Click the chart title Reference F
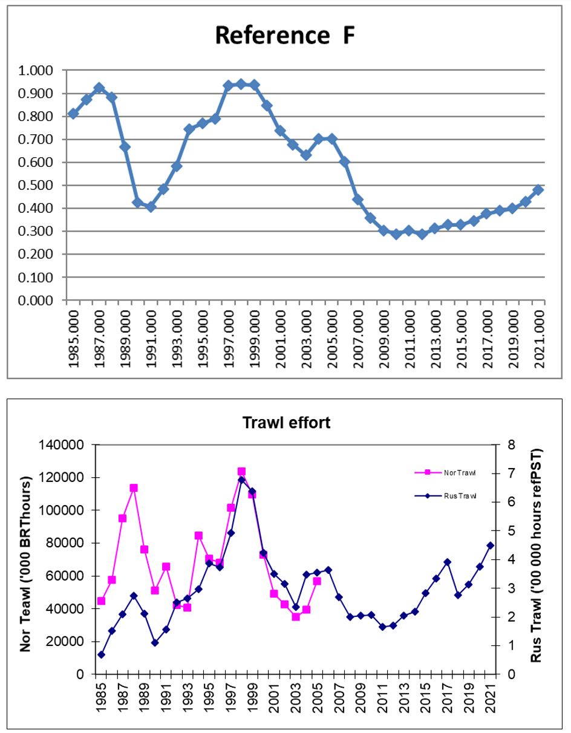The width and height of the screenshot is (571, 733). pos(285,36)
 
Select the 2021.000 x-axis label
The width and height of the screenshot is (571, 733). pos(538,336)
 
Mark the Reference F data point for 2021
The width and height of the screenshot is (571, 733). pos(538,189)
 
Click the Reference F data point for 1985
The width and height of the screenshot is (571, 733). pos(73,113)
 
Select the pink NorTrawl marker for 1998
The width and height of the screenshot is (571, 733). pos(241,471)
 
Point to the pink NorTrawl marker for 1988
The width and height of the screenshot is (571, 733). pos(134,487)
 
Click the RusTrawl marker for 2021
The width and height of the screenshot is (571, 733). pos(491,545)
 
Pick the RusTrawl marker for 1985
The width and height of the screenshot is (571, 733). pos(101,654)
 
